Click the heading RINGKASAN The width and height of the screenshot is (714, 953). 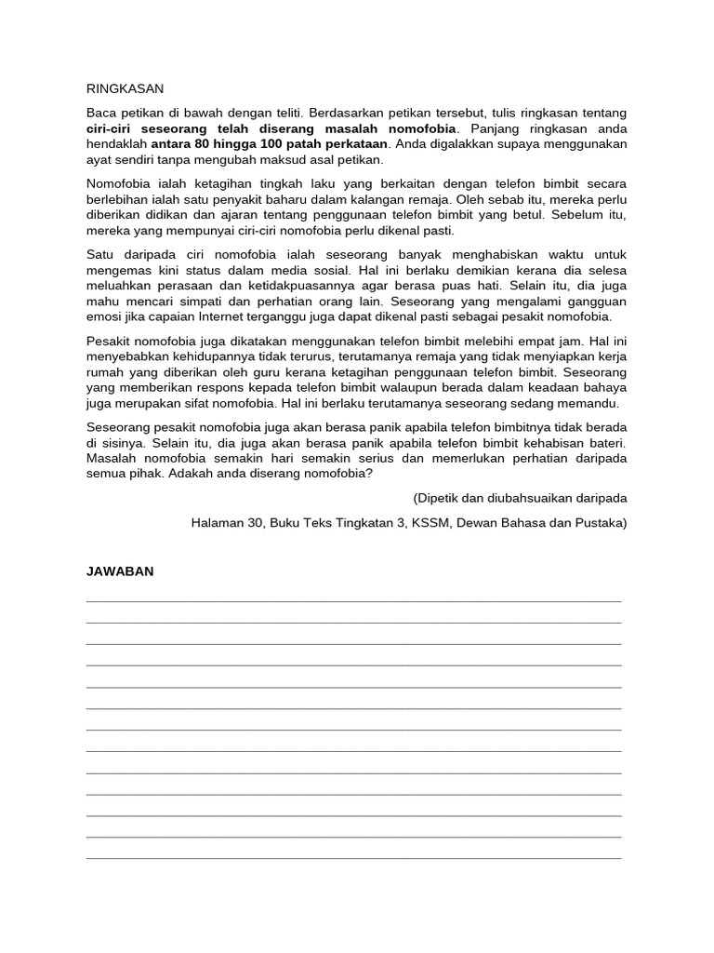pos(125,88)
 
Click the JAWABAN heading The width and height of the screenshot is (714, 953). pos(119,572)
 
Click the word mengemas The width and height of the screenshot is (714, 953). pos(116,269)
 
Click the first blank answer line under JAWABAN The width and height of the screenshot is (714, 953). pos(354,601)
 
